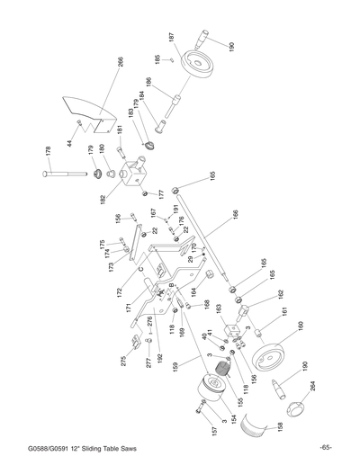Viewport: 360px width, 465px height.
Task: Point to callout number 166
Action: pyautogui.click(x=236, y=217)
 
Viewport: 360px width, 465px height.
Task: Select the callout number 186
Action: pyautogui.click(x=149, y=84)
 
